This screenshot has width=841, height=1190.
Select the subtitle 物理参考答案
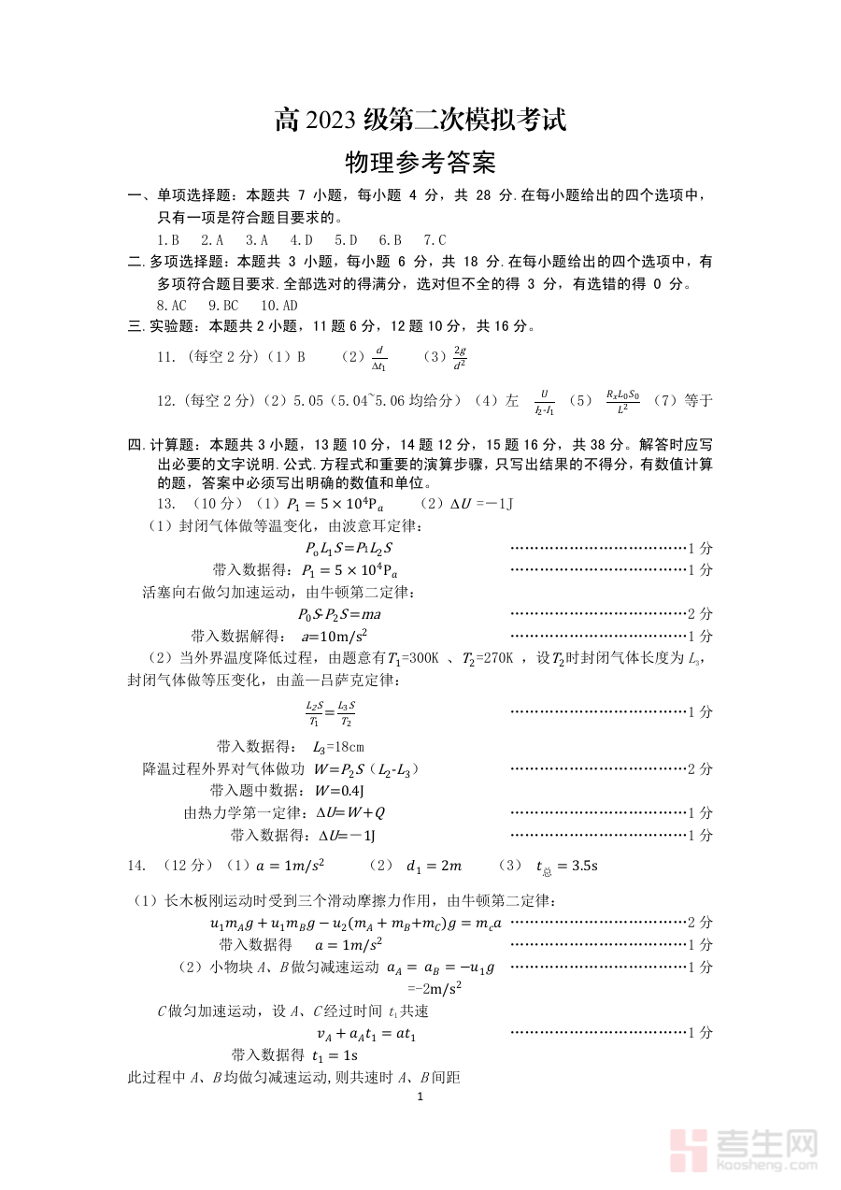pyautogui.click(x=420, y=163)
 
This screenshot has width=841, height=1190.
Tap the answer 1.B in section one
pyautogui.click(x=168, y=239)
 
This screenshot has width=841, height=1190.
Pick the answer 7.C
pyautogui.click(x=435, y=239)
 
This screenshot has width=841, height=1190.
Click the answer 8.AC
pyautogui.click(x=172, y=305)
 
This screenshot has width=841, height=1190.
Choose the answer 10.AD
pyautogui.click(x=279, y=305)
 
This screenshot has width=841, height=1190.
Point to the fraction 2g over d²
pyautogui.click(x=459, y=357)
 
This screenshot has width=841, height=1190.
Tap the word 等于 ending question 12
pyautogui.click(x=699, y=401)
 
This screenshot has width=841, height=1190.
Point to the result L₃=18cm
pyautogui.click(x=338, y=747)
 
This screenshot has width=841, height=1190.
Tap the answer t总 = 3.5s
pyautogui.click(x=567, y=866)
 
